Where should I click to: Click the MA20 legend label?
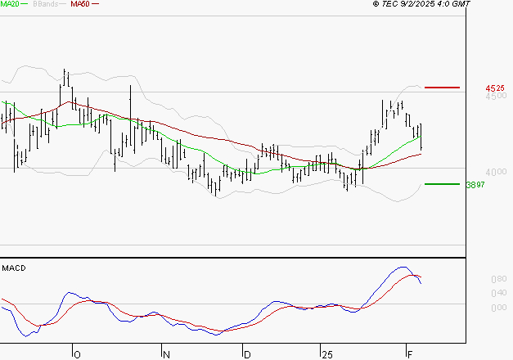(11, 4)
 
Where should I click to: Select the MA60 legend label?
(80, 4)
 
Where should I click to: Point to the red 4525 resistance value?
(494, 88)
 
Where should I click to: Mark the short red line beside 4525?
(442, 87)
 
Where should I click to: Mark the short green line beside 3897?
(442, 184)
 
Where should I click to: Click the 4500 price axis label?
(496, 96)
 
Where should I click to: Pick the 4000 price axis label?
(496, 173)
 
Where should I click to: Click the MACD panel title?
(14, 268)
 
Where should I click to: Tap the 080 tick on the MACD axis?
(497, 279)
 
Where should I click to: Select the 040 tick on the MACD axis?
(497, 293)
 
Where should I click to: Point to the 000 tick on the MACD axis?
(497, 308)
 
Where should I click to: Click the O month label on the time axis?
(79, 354)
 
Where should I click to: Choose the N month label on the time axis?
(167, 354)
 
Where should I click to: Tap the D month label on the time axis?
(247, 354)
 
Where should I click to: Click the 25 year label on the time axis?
(327, 354)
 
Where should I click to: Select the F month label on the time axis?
(410, 354)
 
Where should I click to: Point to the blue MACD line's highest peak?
(403, 267)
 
